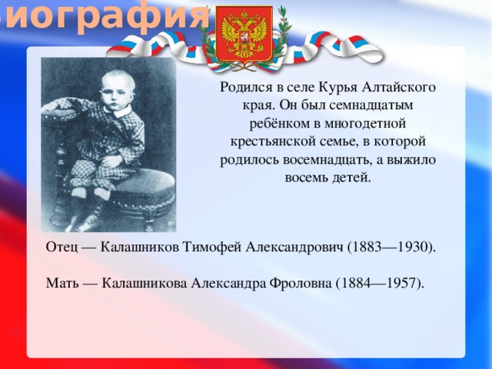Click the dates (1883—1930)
[x=392, y=247]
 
